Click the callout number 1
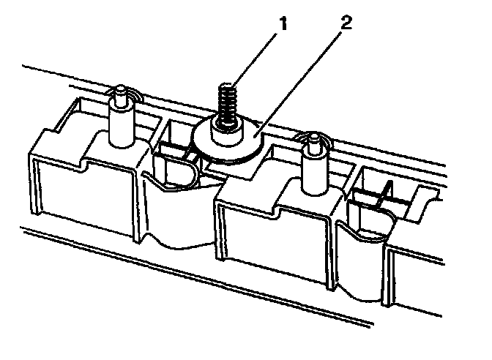pos(283,24)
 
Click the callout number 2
pos(346,23)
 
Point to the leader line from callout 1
pos(253,59)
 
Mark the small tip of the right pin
pos(313,144)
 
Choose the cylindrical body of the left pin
pos(122,125)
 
